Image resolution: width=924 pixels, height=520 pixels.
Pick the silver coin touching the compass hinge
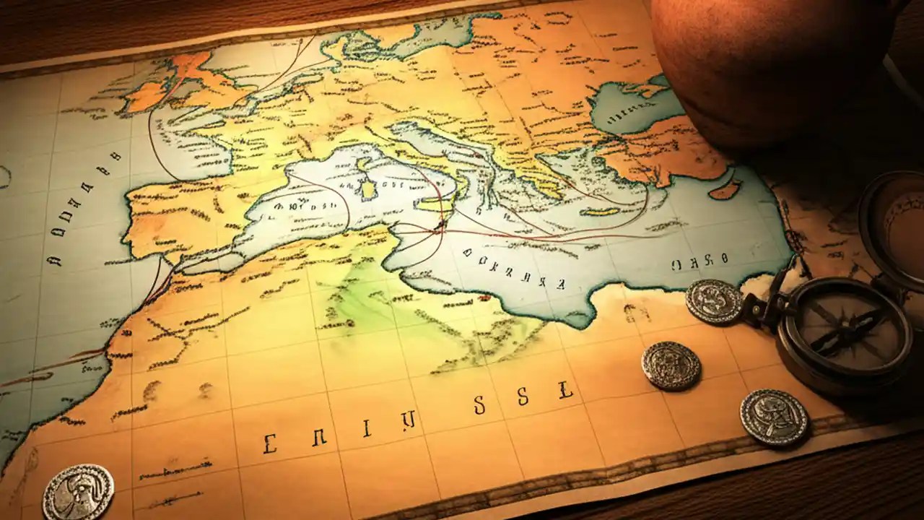[714, 301]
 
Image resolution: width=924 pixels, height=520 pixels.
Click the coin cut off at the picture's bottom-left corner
[78, 493]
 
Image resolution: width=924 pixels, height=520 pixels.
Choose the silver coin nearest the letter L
[671, 365]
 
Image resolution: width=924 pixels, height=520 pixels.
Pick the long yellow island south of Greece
[603, 212]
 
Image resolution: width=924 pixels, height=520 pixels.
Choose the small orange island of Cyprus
[725, 192]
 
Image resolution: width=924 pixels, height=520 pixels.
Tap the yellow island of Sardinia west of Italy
[370, 189]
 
